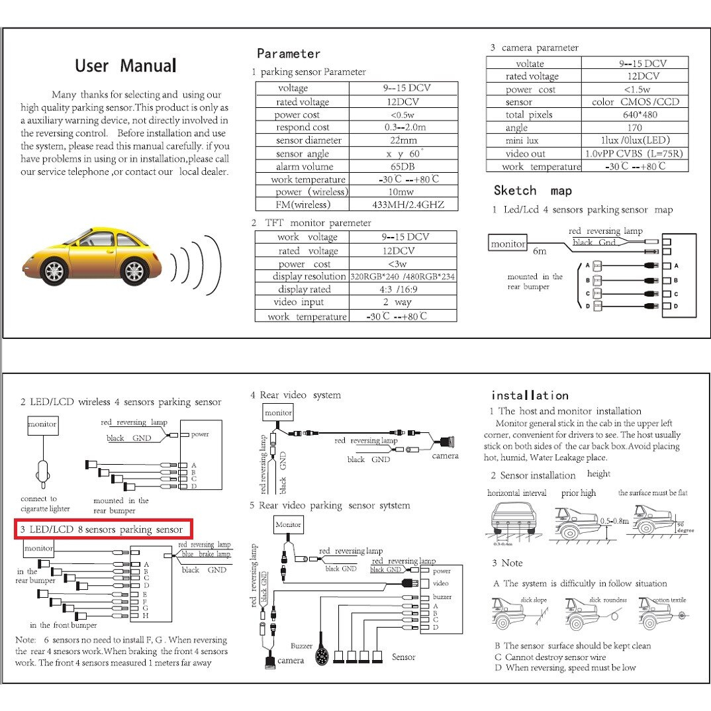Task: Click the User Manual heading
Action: pos(125,66)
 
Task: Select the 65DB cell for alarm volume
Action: pos(403,167)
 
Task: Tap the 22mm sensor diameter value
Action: pos(403,140)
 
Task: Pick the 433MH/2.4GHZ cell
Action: pos(403,205)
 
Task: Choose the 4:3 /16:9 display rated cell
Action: pos(403,289)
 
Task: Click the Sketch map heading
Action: pos(532,191)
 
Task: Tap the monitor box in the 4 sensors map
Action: pos(508,244)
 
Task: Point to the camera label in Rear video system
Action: pos(445,455)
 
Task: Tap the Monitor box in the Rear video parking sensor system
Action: pos(288,524)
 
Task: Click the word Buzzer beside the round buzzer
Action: pos(301,645)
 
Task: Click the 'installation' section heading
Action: pos(530,395)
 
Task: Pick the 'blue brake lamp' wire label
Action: pos(206,554)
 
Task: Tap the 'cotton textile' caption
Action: pos(669,600)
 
